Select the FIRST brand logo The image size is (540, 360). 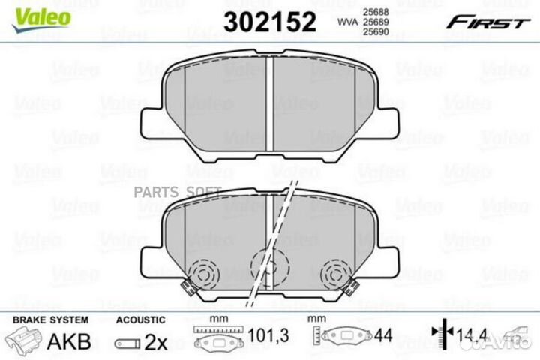pos(487,22)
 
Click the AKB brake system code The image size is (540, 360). pos(69,342)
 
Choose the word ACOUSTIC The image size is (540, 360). pos(139,319)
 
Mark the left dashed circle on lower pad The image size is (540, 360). pos(201,274)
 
